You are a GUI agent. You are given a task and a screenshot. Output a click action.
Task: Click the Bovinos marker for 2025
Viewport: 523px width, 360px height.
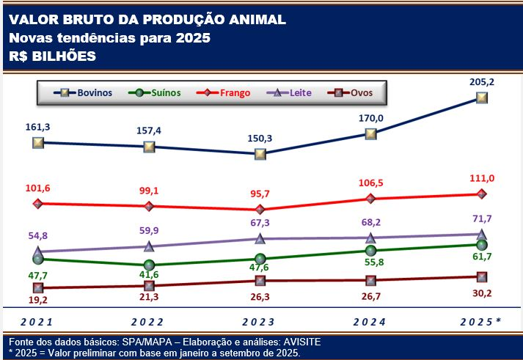coord(482,98)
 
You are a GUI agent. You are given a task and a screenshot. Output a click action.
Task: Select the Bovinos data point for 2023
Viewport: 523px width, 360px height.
coord(260,154)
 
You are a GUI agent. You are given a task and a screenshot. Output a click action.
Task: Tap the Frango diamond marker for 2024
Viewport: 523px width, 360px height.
coord(370,198)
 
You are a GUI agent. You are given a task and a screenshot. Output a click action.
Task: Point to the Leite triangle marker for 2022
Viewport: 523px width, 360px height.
coord(149,246)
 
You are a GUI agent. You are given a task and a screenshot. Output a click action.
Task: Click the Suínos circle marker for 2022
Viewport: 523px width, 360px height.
coord(149,265)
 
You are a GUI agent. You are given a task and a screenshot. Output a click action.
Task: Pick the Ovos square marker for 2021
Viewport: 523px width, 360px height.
coord(38,288)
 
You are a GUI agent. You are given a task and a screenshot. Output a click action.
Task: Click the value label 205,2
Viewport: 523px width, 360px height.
coord(481,82)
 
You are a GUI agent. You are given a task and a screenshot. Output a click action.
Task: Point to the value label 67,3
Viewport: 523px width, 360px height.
coord(260,223)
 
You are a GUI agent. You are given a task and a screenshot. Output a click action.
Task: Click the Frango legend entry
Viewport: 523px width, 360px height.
coord(230,93)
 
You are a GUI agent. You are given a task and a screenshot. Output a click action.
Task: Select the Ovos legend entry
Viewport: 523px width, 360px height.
coord(359,93)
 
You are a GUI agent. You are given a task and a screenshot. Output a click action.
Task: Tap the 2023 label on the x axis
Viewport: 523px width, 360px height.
coord(260,321)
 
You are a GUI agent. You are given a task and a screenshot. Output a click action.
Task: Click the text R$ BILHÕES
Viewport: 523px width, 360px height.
coord(53,55)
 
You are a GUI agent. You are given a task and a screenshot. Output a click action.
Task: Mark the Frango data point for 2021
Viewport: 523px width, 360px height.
coord(38,203)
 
